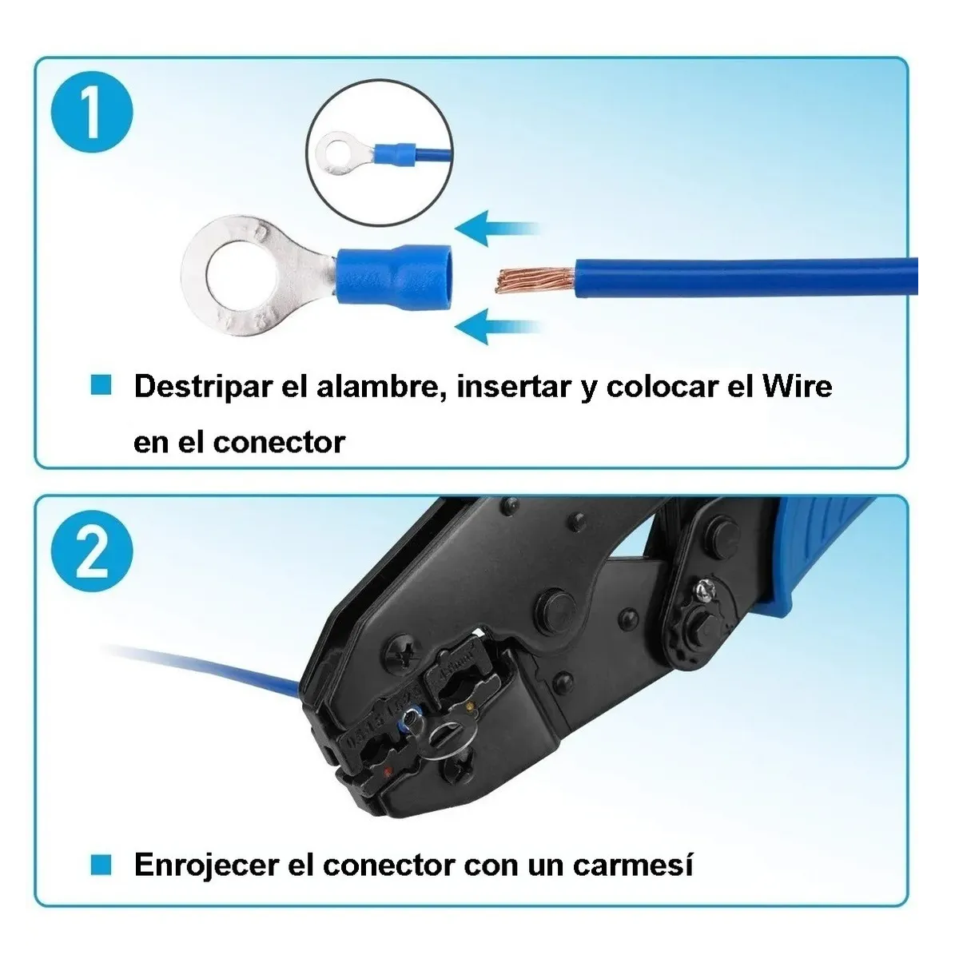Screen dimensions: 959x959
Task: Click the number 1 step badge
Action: click(92, 114)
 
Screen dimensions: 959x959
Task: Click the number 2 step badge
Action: click(92, 551)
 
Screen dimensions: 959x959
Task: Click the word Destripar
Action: click(202, 387)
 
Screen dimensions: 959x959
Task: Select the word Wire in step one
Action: click(798, 387)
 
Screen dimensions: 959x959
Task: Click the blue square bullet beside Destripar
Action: click(101, 385)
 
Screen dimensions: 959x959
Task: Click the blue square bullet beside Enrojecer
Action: click(101, 864)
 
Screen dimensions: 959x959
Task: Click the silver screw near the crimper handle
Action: click(705, 592)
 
